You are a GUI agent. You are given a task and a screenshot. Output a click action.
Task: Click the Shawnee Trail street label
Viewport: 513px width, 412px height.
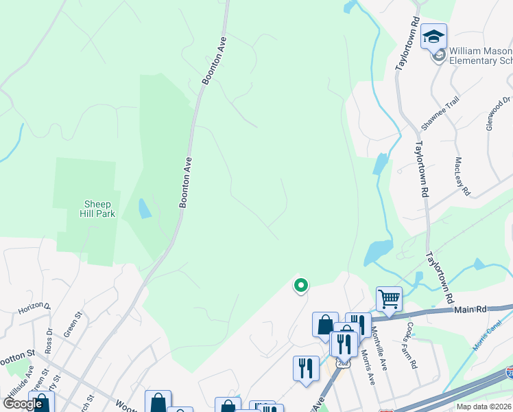coord(438,114)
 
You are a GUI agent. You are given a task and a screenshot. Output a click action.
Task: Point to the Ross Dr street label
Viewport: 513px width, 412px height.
coord(49,340)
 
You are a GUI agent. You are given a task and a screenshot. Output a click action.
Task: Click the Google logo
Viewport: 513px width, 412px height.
coord(23,404)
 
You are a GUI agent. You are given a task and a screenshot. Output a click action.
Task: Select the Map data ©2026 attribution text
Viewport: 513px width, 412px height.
coord(484,407)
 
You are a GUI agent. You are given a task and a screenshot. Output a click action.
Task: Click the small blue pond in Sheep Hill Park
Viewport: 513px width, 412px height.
coord(144,208)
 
